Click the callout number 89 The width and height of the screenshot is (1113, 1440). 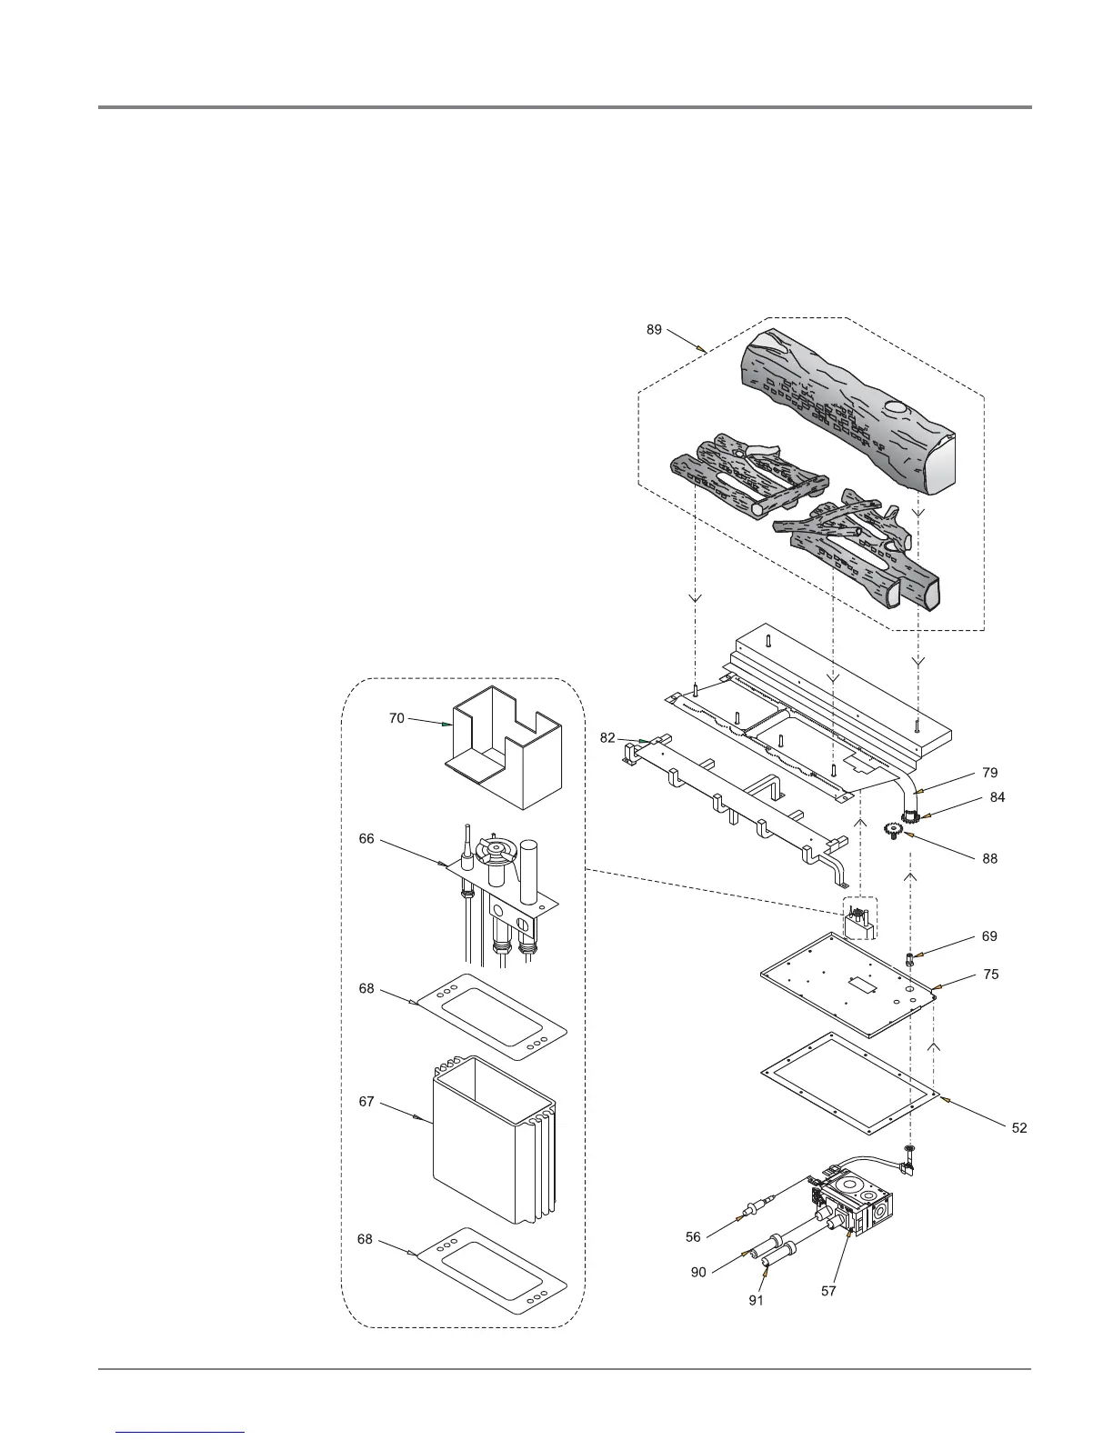pyautogui.click(x=655, y=330)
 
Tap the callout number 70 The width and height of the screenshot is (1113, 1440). pyautogui.click(x=396, y=718)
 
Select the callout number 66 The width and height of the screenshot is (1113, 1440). pyautogui.click(x=366, y=839)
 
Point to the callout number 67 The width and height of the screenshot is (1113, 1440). pyautogui.click(x=366, y=1102)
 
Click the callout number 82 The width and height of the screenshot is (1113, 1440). pyautogui.click(x=608, y=738)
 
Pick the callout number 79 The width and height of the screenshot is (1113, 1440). pyautogui.click(x=990, y=773)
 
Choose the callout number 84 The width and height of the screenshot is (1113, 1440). pyautogui.click(x=998, y=797)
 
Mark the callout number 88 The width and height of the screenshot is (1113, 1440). pyautogui.click(x=989, y=858)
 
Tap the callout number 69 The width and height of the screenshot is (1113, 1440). pyautogui.click(x=989, y=936)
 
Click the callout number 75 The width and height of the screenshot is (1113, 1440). pyautogui.click(x=991, y=975)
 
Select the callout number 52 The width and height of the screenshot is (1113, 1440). pyautogui.click(x=1019, y=1128)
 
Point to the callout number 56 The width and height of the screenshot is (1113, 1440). pyautogui.click(x=694, y=1237)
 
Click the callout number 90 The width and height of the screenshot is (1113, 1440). pyautogui.click(x=698, y=1273)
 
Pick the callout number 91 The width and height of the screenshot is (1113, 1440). pyautogui.click(x=757, y=1300)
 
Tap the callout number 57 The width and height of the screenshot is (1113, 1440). pyautogui.click(x=828, y=1291)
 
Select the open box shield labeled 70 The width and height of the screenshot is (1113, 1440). pyautogui.click(x=505, y=759)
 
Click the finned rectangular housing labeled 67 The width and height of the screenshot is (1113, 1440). pyautogui.click(x=491, y=1141)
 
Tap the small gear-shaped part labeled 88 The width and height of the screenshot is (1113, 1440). pyautogui.click(x=893, y=829)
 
